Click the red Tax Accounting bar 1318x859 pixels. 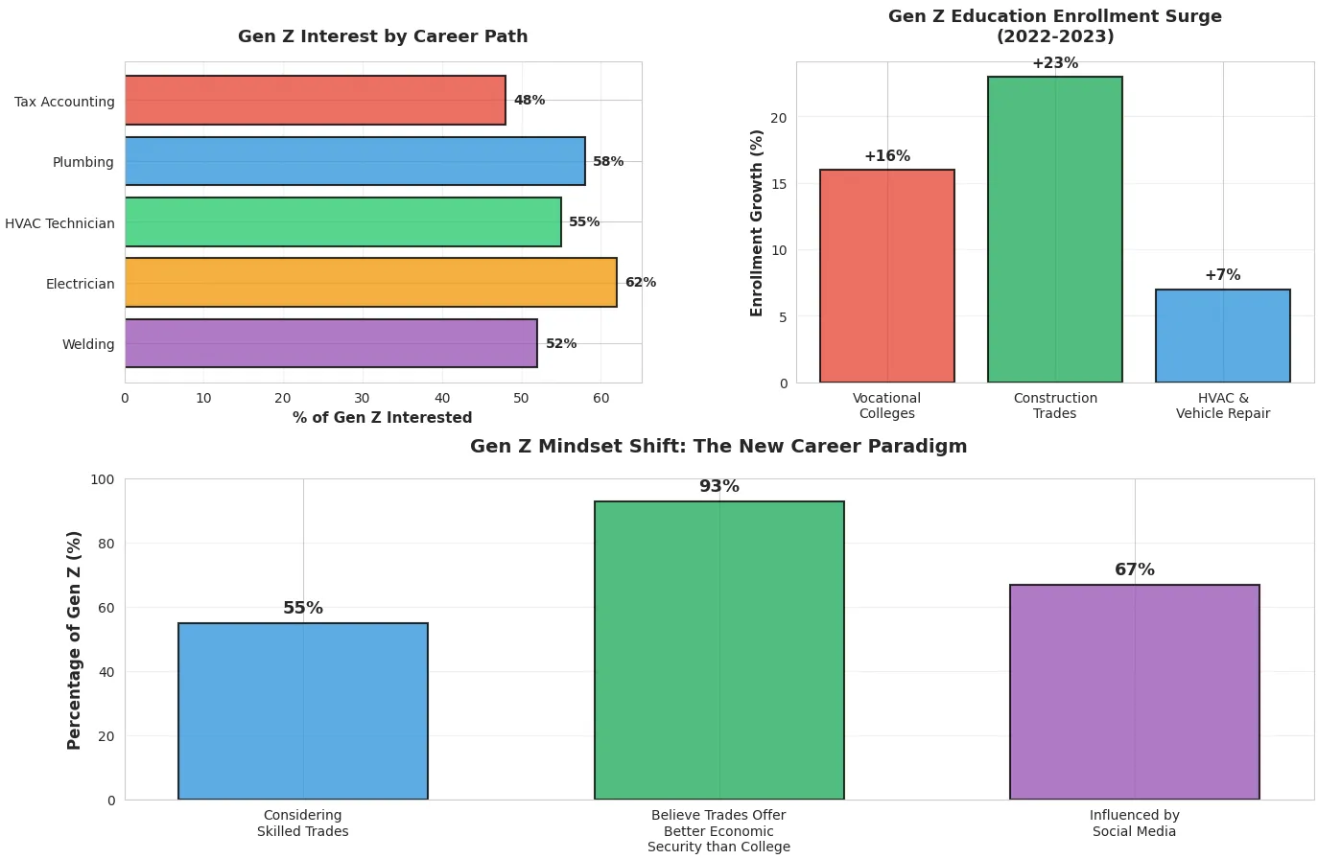(x=315, y=101)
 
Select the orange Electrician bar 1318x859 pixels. (x=370, y=283)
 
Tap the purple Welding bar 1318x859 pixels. (x=331, y=343)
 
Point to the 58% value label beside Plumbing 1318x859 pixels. (x=608, y=162)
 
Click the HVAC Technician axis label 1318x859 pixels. (x=59, y=223)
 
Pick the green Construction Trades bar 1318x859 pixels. (x=1054, y=230)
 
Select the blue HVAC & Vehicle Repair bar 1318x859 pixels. (x=1222, y=337)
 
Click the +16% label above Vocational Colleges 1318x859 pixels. (x=887, y=156)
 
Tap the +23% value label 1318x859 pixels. (x=1055, y=63)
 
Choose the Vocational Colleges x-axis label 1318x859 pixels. (x=887, y=406)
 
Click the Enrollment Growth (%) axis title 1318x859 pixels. (x=757, y=223)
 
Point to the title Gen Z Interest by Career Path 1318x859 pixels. (x=383, y=36)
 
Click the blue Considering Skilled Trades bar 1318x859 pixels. (x=303, y=711)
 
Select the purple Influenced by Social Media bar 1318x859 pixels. (x=1134, y=692)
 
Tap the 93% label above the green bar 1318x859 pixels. (x=719, y=487)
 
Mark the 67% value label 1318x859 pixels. (x=1135, y=570)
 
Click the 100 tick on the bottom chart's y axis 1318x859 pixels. (x=104, y=479)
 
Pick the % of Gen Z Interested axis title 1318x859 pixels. (x=382, y=418)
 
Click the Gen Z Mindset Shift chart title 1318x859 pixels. (x=718, y=447)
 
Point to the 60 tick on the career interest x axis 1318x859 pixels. (x=600, y=398)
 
